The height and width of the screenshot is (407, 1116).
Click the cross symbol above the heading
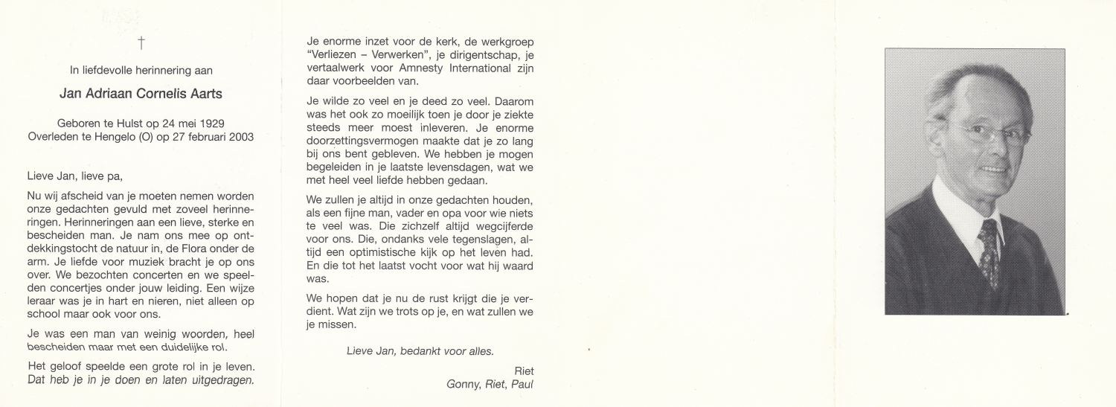[x=141, y=43]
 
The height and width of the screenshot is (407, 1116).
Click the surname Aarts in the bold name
[x=206, y=94]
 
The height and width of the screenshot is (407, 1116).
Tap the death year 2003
[x=238, y=137]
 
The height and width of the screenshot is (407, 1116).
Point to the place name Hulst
[x=129, y=123]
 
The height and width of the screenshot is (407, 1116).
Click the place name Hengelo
[x=121, y=137]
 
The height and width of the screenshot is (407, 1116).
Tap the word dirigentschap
[x=484, y=55]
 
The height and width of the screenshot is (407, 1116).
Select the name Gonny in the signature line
[x=463, y=384]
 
